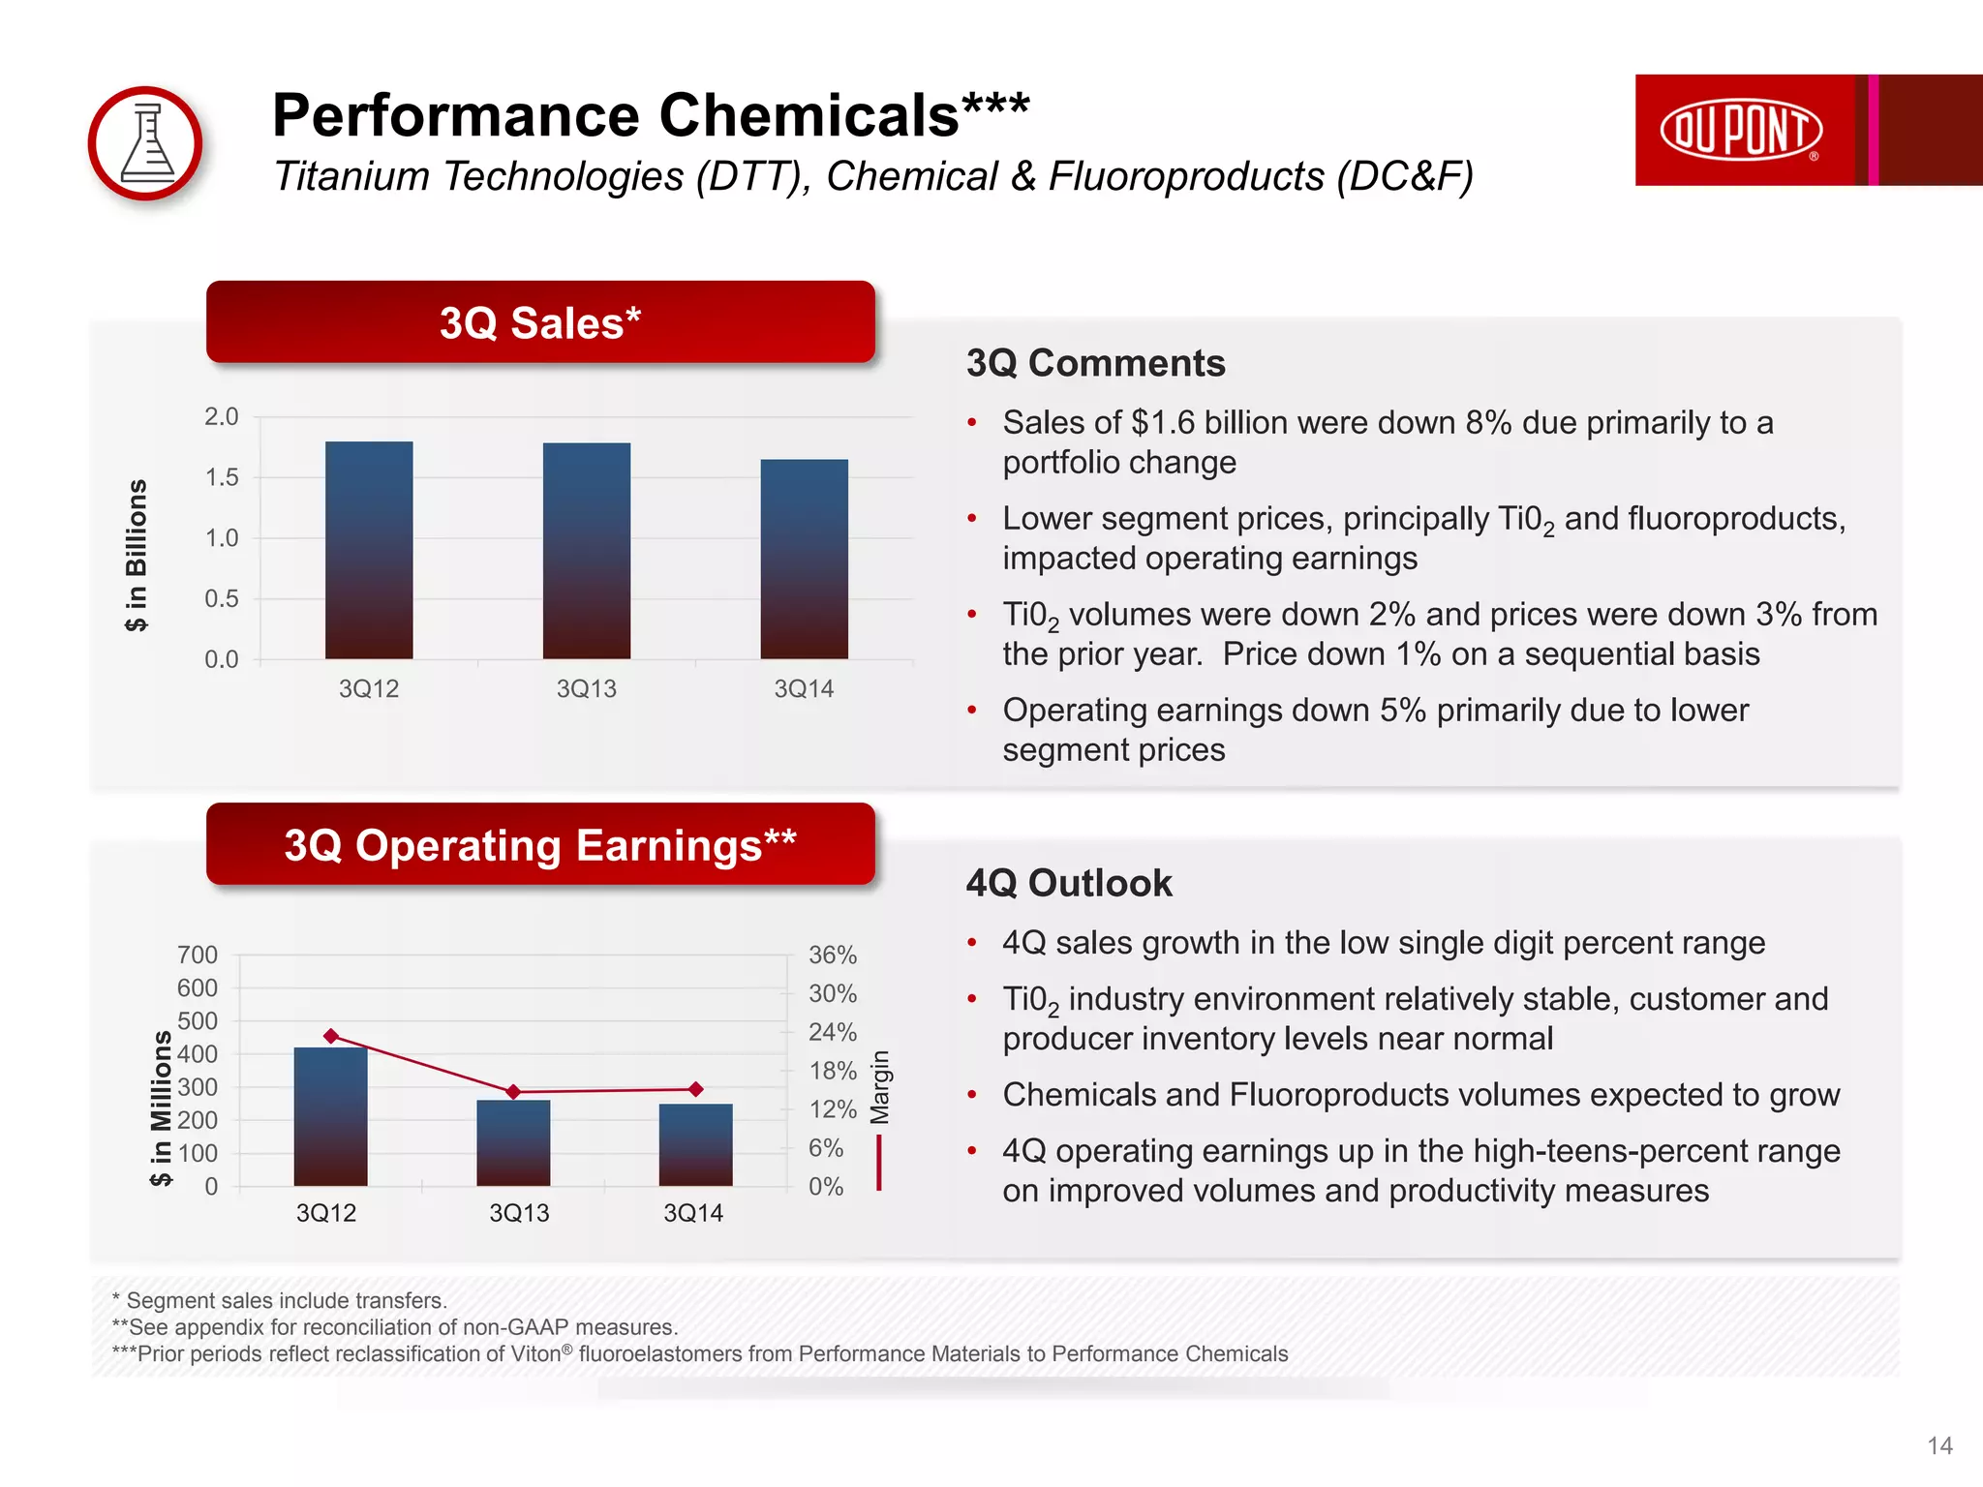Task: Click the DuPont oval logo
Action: [x=1741, y=130]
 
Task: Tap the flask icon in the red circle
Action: [x=146, y=144]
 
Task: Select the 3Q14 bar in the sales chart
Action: [x=804, y=559]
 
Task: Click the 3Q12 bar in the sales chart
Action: [x=369, y=550]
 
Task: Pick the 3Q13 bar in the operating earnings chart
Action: [x=513, y=1142]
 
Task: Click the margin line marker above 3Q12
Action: [x=331, y=1036]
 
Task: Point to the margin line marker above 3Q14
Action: [x=695, y=1089]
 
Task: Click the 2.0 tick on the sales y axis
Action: [x=221, y=417]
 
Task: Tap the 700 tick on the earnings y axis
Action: [x=198, y=955]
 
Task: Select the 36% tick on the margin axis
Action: [x=832, y=955]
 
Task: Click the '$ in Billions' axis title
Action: [x=137, y=555]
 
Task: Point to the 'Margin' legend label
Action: [x=879, y=1086]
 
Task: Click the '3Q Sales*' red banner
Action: [x=540, y=322]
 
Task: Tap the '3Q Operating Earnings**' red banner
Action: [x=540, y=844]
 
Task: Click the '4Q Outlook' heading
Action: [x=1069, y=883]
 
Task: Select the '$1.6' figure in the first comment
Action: [x=1163, y=423]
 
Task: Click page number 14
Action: [x=1939, y=1445]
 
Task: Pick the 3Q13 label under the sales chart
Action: [x=586, y=688]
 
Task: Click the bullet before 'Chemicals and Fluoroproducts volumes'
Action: [x=972, y=1095]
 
